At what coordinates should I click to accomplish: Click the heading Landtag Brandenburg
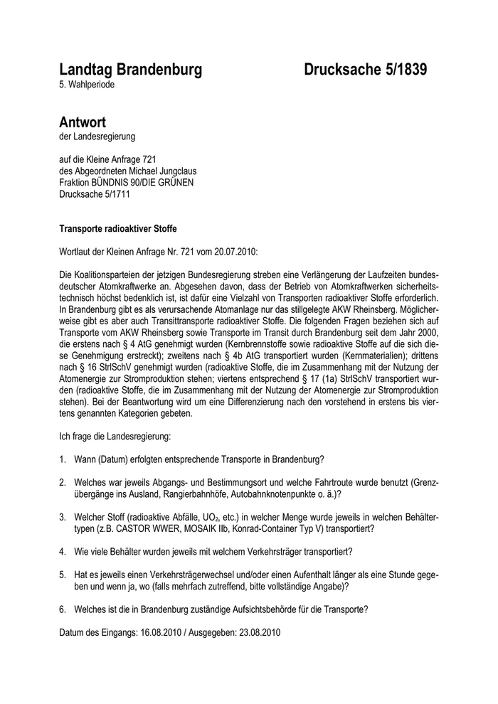point(130,69)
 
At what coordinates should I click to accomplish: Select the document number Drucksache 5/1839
point(366,69)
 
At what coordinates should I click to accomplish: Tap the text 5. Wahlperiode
point(87,85)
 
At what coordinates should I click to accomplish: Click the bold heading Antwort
point(83,122)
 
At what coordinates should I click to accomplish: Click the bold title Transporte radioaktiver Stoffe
point(117,229)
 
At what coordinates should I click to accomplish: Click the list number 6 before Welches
point(63,609)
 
